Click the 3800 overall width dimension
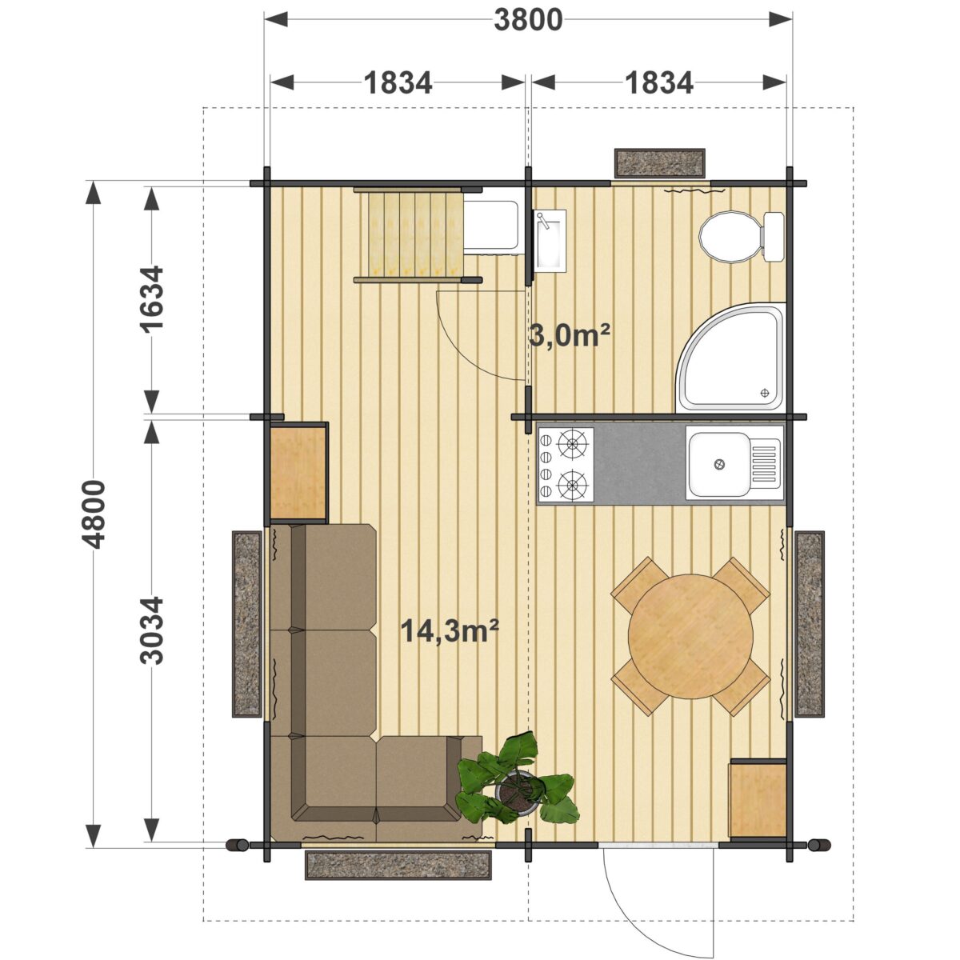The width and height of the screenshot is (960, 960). (x=528, y=21)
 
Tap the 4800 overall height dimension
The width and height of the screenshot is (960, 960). (x=94, y=514)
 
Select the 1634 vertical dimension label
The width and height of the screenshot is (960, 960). (x=151, y=299)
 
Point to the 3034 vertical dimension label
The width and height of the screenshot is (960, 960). (x=151, y=630)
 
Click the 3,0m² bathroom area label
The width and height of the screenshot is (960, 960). (x=570, y=336)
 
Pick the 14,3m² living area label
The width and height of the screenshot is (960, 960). (x=450, y=630)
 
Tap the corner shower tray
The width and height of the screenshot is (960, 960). (x=730, y=357)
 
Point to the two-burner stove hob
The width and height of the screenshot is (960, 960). (x=566, y=464)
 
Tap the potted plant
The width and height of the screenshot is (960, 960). (x=516, y=787)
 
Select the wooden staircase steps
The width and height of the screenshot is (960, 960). (x=415, y=234)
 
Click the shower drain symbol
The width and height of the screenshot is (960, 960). (x=764, y=393)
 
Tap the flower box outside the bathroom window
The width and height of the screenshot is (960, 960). (x=659, y=163)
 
